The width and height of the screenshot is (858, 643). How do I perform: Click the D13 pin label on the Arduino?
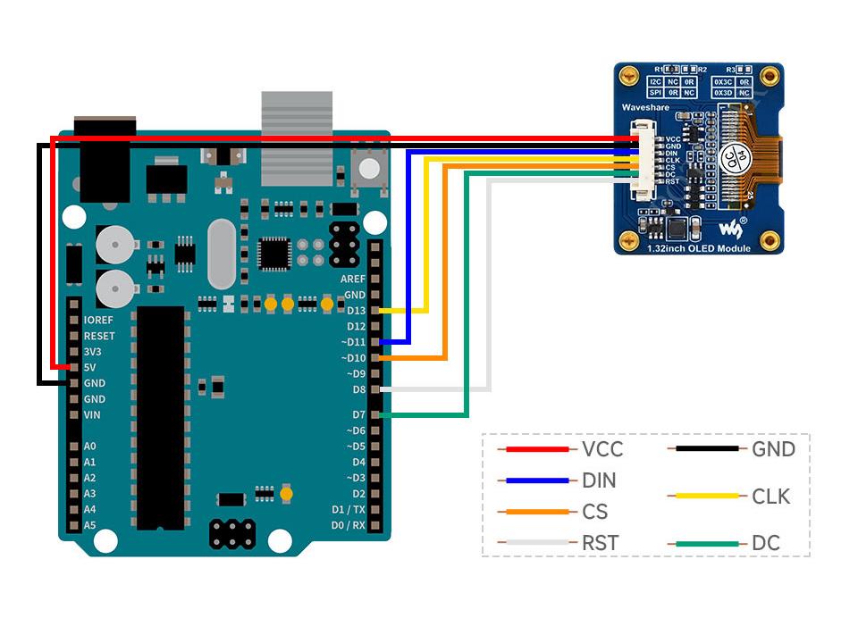[x=355, y=311]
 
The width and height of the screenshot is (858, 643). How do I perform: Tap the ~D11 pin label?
[x=352, y=342]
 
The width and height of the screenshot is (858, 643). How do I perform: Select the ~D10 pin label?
[x=352, y=358]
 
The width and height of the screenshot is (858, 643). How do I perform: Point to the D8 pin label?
[x=357, y=389]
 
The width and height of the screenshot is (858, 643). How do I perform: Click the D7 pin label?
[x=357, y=415]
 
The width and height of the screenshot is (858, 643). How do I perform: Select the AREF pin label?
[x=352, y=279]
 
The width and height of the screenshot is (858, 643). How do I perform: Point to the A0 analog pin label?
[x=89, y=447]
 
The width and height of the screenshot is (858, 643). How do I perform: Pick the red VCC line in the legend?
[x=536, y=449]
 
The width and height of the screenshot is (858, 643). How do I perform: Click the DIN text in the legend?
[x=598, y=480]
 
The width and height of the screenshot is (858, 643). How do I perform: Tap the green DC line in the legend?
[x=707, y=543]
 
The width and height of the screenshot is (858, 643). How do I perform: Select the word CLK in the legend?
[x=770, y=497]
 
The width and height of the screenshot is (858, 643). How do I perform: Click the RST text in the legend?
[x=599, y=543]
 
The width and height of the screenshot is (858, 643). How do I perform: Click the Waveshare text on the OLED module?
[x=645, y=107]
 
